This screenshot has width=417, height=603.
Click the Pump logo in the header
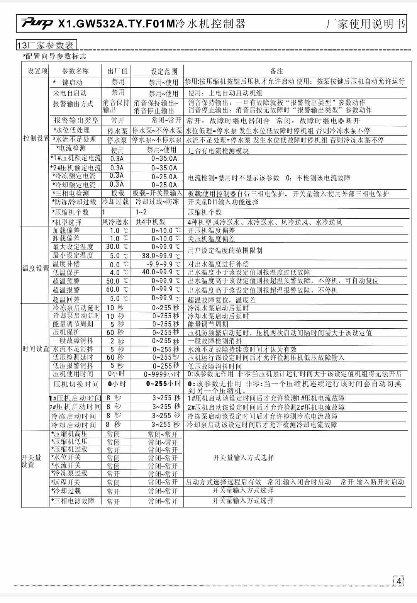(37, 24)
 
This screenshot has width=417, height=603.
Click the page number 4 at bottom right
(398, 581)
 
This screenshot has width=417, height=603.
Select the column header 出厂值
(117, 71)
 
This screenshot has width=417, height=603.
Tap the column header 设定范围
(164, 71)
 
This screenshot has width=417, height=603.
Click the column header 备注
(276, 71)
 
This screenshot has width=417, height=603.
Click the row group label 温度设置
(36, 268)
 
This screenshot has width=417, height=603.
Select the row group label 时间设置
(36, 349)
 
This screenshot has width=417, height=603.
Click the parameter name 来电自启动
(70, 93)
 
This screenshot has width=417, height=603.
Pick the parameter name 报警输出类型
(76, 121)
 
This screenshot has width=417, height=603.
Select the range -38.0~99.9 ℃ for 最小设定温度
(160, 256)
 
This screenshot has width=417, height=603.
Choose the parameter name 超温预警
(66, 281)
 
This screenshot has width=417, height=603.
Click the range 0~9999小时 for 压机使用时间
(162, 374)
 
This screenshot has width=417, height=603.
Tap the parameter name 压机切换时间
(76, 384)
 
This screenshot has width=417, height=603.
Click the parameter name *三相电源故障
(73, 501)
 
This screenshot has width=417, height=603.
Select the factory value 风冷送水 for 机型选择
(115, 222)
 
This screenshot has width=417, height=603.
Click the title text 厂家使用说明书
(365, 24)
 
